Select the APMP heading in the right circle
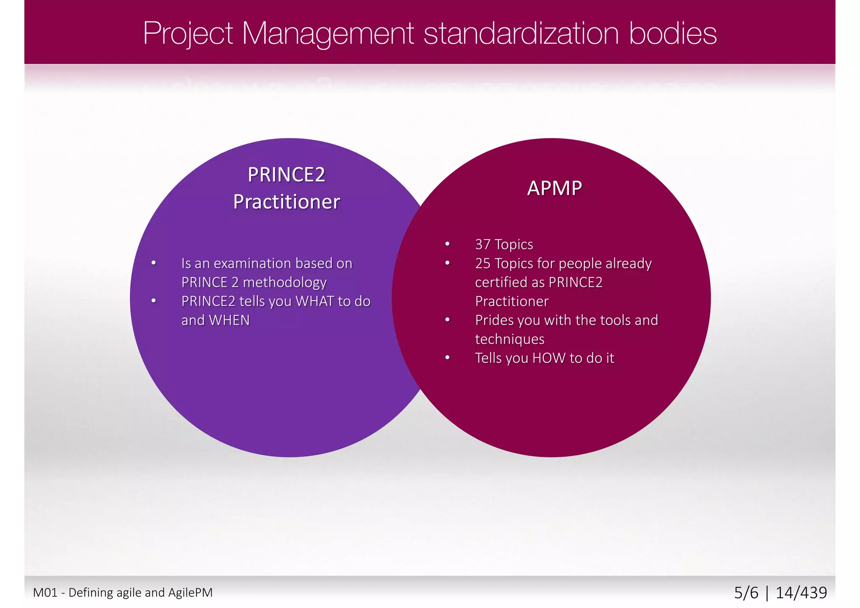click(554, 188)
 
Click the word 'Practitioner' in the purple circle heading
click(286, 202)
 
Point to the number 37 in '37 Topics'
click(482, 244)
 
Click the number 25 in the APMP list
click(482, 263)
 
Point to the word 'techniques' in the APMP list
click(509, 339)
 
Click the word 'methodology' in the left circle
click(284, 282)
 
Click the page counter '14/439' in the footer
click(801, 592)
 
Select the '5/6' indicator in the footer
click(746, 592)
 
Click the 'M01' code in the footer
click(45, 592)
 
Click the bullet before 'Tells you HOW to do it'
click(448, 358)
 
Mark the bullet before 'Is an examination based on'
click(154, 263)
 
